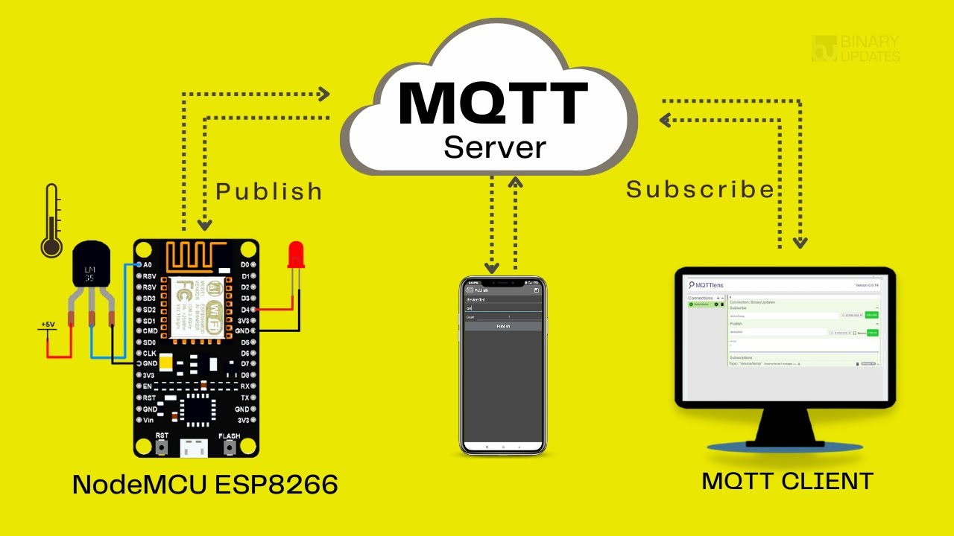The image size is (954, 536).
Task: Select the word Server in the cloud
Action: [x=495, y=147]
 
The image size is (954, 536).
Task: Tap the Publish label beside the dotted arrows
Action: [x=269, y=191]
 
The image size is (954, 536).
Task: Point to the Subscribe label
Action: [x=700, y=189]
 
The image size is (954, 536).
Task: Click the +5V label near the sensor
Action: [x=48, y=325]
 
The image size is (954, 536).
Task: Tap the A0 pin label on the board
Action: [x=147, y=264]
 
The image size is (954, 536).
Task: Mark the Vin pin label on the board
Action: [x=148, y=420]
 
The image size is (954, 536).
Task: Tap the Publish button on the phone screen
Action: [x=502, y=326]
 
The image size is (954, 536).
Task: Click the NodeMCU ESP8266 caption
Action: [x=205, y=485]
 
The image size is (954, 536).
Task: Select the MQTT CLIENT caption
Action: [x=787, y=481]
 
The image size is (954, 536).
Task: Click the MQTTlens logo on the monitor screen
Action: [x=706, y=285]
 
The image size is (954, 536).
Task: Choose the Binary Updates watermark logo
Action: [x=856, y=48]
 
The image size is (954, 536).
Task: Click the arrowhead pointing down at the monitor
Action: [x=800, y=242]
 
